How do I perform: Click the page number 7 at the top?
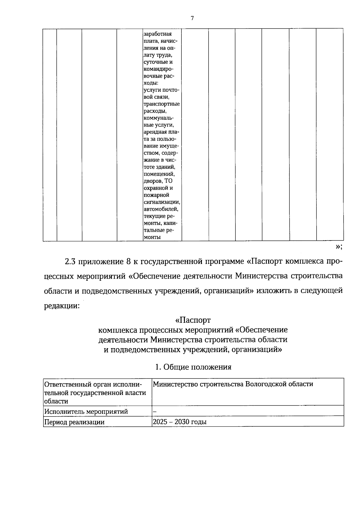click(x=192, y=18)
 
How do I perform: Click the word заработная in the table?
click(x=158, y=34)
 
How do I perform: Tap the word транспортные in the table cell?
click(x=162, y=104)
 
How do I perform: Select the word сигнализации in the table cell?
click(x=162, y=202)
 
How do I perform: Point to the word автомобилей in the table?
click(x=161, y=209)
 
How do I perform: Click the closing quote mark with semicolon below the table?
click(x=339, y=247)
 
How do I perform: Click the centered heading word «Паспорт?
click(x=193, y=320)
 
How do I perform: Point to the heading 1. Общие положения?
click(x=193, y=367)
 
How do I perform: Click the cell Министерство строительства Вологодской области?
click(x=233, y=384)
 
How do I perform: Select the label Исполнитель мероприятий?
click(x=86, y=411)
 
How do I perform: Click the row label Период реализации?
click(x=74, y=422)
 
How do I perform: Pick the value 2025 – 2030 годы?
click(x=179, y=422)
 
